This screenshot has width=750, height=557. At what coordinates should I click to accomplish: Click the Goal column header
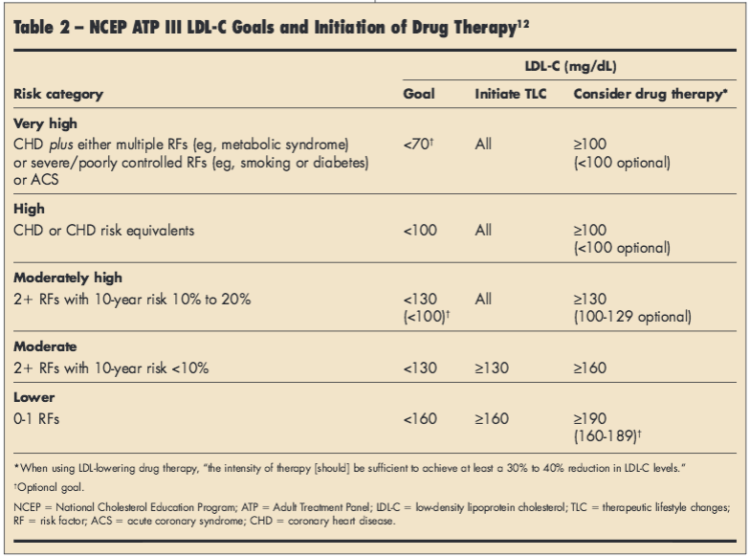pos(419,95)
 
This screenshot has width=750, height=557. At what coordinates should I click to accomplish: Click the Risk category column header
pos(58,95)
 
